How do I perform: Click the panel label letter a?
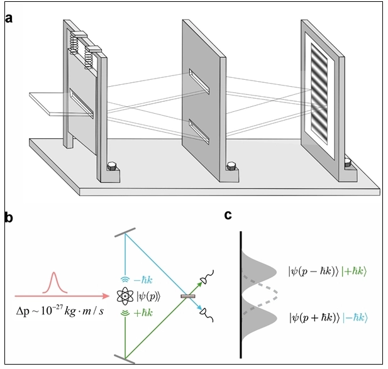(x=9, y=17)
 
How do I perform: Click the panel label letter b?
(x=9, y=218)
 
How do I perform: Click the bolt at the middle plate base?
(x=232, y=167)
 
